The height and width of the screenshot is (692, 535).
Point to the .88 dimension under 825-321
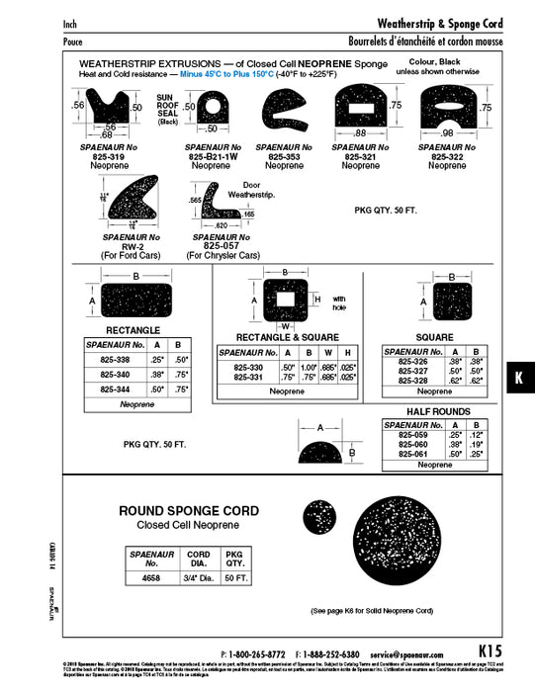pos(360,133)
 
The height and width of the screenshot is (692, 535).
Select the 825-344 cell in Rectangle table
pos(116,389)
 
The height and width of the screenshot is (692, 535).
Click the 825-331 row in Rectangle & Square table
pos(249,377)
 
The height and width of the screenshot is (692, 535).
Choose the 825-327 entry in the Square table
pos(411,371)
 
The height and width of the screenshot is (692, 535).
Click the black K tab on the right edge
pos(518,378)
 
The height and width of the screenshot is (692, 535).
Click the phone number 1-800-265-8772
pos(254,653)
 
